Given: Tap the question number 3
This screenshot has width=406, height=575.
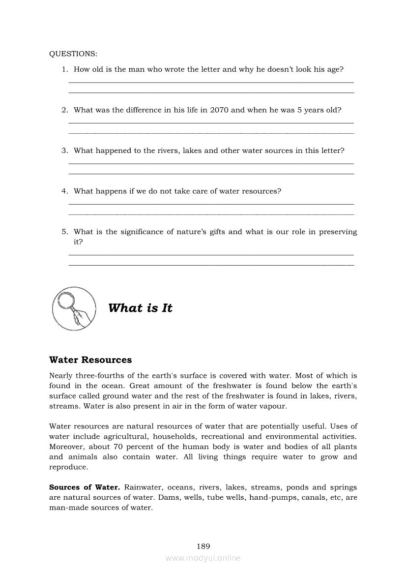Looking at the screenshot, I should pyautogui.click(x=64, y=151).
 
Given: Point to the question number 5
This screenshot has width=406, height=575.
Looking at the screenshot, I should pyautogui.click(x=64, y=232).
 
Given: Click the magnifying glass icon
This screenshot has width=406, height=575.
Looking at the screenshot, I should pyautogui.click(x=73, y=308).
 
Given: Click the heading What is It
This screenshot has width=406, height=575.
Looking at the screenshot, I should pyautogui.click(x=140, y=308).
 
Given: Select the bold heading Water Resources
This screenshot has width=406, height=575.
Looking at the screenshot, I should pyautogui.click(x=90, y=360).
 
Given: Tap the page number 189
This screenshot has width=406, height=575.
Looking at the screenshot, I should pyautogui.click(x=203, y=546).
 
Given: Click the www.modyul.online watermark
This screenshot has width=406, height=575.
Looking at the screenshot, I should pyautogui.click(x=203, y=558).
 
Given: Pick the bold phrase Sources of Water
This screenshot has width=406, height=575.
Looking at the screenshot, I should pyautogui.click(x=85, y=487).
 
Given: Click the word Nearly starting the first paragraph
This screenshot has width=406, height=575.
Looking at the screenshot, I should pyautogui.click(x=61, y=376).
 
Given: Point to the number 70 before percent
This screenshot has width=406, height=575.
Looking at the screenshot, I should pyautogui.click(x=131, y=447).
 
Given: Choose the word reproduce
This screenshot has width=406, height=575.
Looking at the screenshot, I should pyautogui.click(x=68, y=467).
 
